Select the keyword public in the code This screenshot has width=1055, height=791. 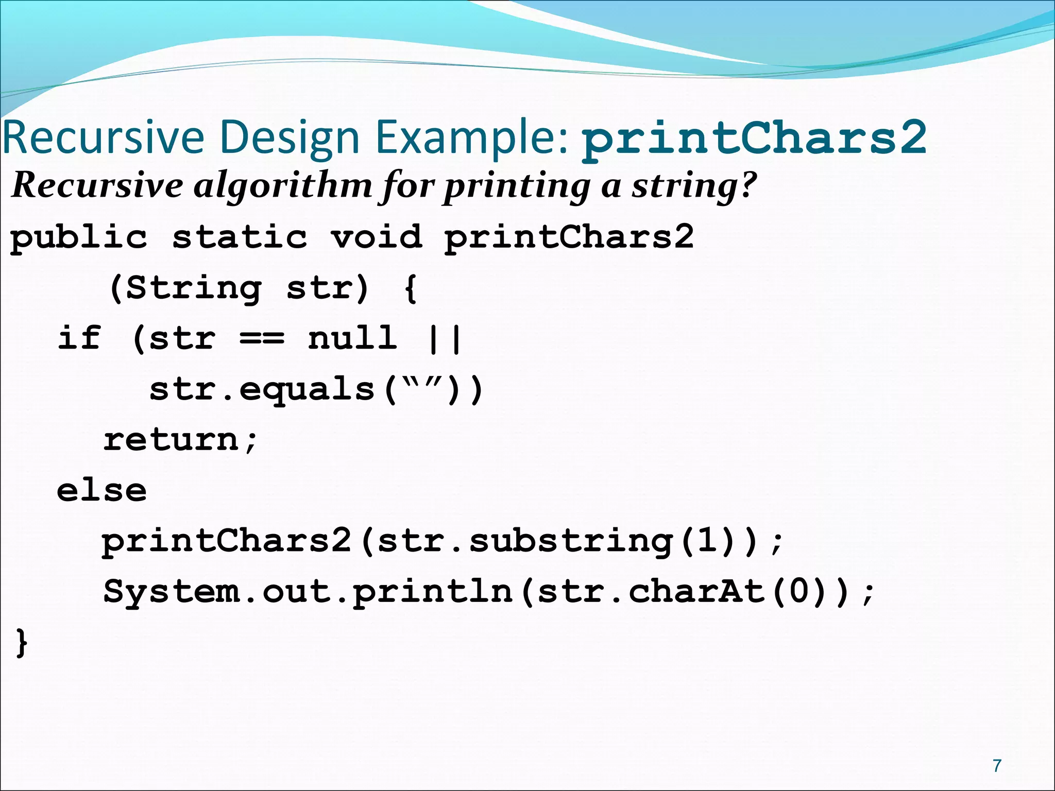(79, 237)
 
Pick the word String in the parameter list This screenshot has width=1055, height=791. (193, 288)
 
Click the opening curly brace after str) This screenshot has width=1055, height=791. (411, 288)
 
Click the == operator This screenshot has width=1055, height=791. (262, 338)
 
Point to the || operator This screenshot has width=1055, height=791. (445, 338)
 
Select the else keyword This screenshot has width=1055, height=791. (101, 490)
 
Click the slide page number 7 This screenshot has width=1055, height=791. (997, 766)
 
